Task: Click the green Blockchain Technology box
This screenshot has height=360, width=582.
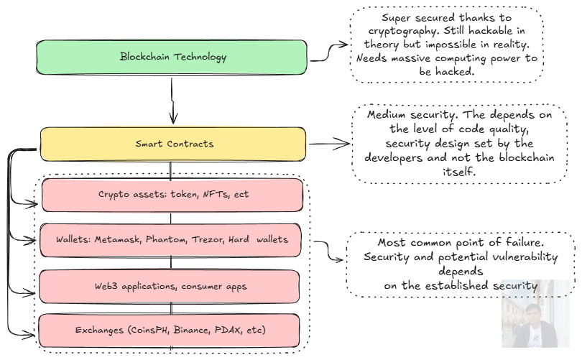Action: point(172,57)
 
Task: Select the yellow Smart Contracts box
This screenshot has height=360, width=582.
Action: point(173,144)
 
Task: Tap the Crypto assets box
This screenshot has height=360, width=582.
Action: point(172,195)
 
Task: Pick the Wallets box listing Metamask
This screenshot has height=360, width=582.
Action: point(171,240)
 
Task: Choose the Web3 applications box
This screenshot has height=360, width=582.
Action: point(170,287)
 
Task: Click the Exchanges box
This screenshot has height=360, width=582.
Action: point(170,331)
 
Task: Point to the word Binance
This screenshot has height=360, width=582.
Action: point(191,330)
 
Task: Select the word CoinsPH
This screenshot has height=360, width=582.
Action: point(149,330)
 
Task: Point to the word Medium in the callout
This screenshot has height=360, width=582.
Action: point(387,115)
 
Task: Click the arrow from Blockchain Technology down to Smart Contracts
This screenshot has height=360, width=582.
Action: point(172,101)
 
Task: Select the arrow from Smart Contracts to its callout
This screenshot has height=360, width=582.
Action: point(329,144)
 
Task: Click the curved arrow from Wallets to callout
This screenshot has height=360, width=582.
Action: point(328,251)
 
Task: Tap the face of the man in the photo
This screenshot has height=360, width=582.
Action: point(533,314)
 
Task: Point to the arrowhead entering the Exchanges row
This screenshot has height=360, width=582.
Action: point(30,335)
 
